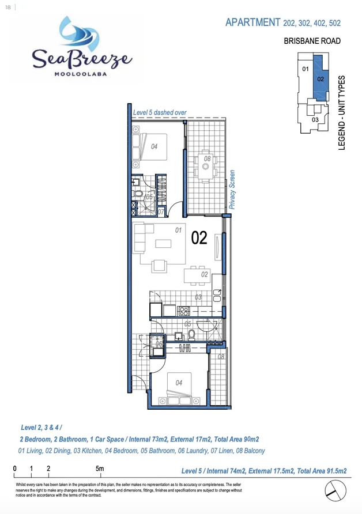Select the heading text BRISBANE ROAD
[x=312, y=41]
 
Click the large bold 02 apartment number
[x=199, y=238]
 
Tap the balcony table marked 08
[x=206, y=165]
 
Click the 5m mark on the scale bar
[x=99, y=468]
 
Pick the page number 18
[x=8, y=6]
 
